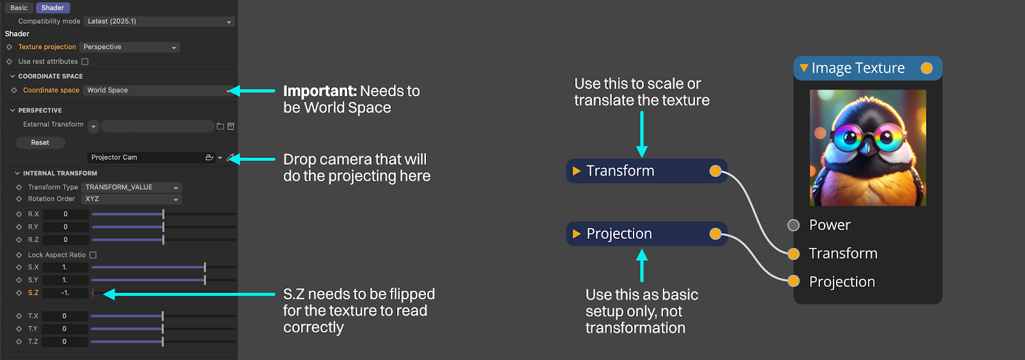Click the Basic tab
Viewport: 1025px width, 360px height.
click(x=19, y=8)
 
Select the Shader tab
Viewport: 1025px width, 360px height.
click(x=53, y=8)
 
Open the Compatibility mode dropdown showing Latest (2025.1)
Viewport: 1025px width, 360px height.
click(x=160, y=22)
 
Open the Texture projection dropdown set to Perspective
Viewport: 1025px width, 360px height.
click(x=129, y=47)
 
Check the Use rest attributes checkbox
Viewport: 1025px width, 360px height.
click(x=85, y=61)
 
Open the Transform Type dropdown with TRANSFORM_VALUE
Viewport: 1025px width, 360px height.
click(x=132, y=187)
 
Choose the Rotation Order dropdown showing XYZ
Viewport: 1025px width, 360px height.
click(x=132, y=199)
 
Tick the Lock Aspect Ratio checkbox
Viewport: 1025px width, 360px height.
click(x=93, y=255)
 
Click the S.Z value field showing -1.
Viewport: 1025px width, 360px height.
click(x=65, y=293)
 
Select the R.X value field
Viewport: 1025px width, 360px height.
click(x=65, y=214)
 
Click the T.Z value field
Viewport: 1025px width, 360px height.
click(x=65, y=341)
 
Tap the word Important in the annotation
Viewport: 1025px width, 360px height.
click(x=320, y=91)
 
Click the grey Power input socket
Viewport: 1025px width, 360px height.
click(x=794, y=225)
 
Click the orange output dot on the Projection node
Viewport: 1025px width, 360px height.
click(x=715, y=234)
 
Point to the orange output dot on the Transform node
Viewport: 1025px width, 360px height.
click(x=715, y=171)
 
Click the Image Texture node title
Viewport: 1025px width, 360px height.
click(x=858, y=68)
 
